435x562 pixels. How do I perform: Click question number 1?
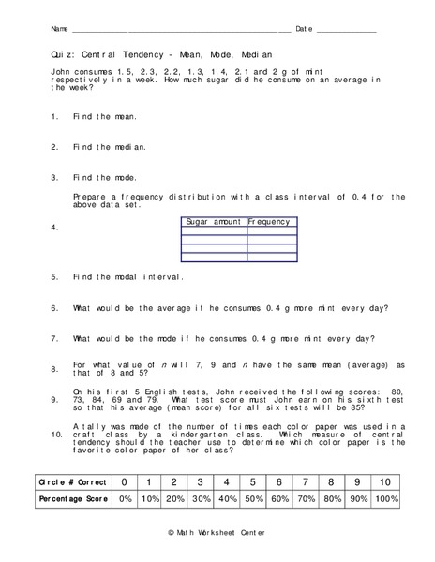55,116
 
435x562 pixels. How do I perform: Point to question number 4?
55,228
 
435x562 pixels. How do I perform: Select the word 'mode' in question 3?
125,177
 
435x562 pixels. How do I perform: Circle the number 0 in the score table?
124,481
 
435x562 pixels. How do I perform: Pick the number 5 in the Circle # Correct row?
253,481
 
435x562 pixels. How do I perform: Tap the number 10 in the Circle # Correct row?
385,481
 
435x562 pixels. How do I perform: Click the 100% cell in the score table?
385,499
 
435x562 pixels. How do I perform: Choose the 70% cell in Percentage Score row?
305,499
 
